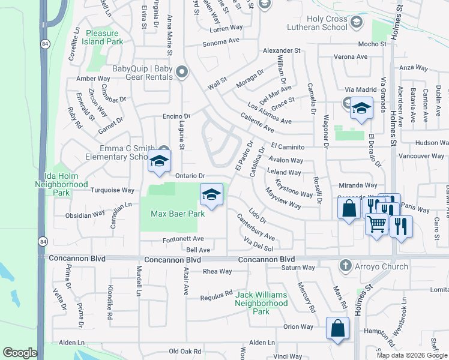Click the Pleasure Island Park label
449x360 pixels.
[104, 37]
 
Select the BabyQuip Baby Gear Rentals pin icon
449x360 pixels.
[182, 73]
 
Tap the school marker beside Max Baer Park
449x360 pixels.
[211, 196]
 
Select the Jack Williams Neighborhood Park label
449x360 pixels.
[261, 303]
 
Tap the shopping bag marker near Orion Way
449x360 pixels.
[337, 328]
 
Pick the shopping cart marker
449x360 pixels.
[376, 224]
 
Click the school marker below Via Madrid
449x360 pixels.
[361, 109]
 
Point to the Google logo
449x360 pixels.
[20, 353]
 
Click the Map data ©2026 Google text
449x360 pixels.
[412, 355]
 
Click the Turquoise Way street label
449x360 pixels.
[112, 190]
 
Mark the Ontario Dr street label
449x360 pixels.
[191, 176]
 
